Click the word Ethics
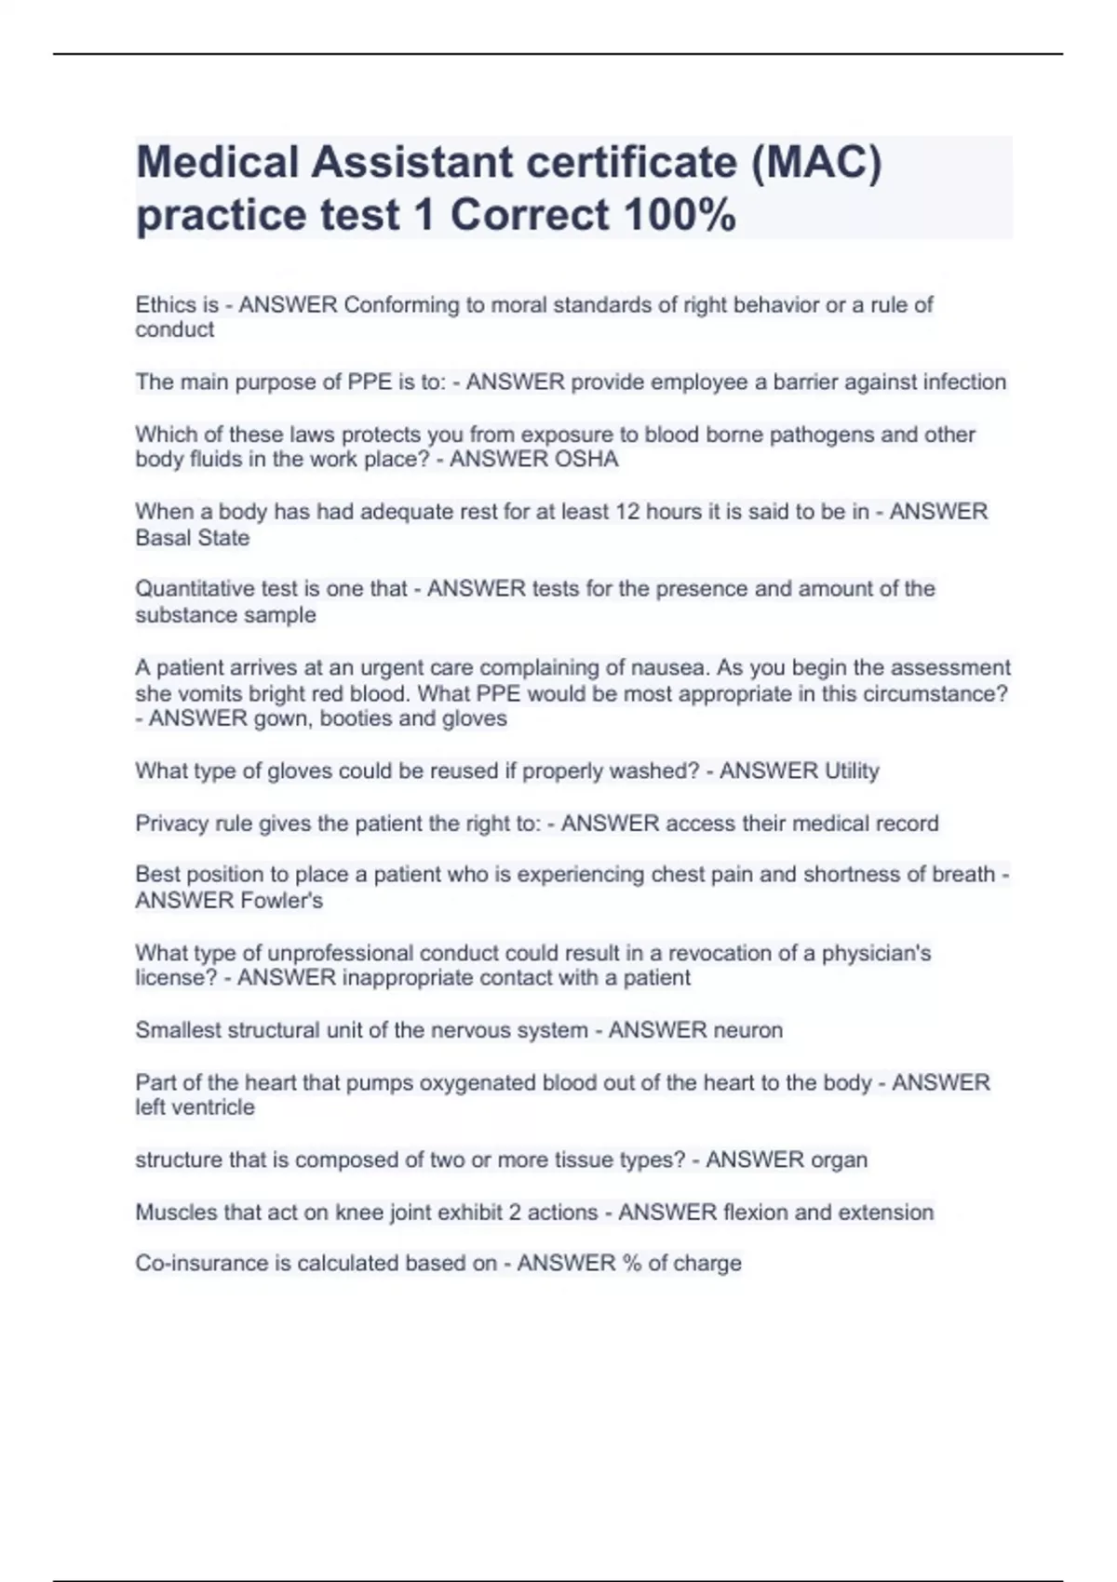[x=165, y=305]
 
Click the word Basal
[x=161, y=538]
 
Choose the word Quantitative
[x=195, y=589]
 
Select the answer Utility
[x=846, y=771]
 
